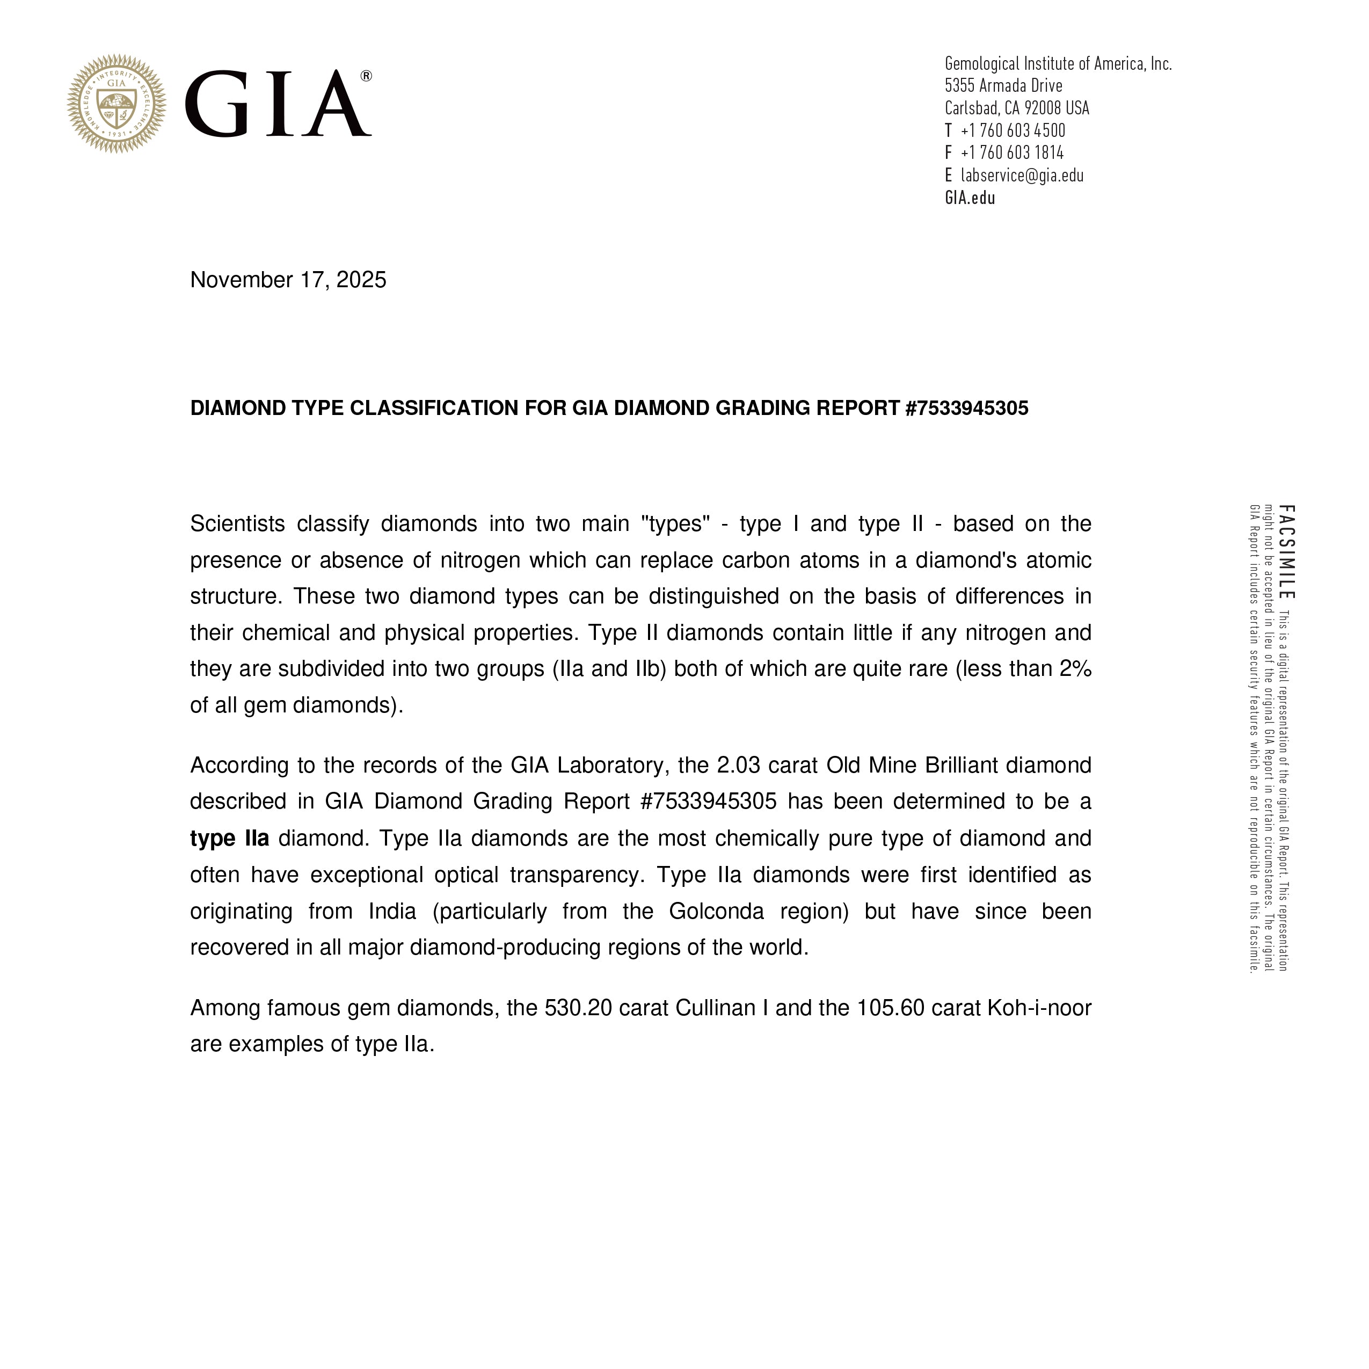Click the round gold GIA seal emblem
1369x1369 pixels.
coord(117,104)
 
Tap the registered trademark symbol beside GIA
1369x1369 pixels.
coord(366,76)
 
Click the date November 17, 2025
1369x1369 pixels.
coord(288,280)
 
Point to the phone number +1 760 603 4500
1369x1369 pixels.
coord(1013,130)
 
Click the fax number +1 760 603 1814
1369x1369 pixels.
coord(1012,152)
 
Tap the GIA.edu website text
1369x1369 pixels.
coord(970,198)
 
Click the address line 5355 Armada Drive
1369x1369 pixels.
coord(1003,86)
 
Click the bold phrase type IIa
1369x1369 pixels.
coord(230,838)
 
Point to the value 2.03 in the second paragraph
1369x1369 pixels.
coord(738,765)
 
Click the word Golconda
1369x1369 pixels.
coord(716,911)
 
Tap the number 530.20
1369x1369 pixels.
coord(578,1008)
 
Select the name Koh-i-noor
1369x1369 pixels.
coord(1039,1008)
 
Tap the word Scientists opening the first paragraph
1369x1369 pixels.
coord(237,523)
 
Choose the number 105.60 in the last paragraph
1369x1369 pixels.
coord(890,1008)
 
